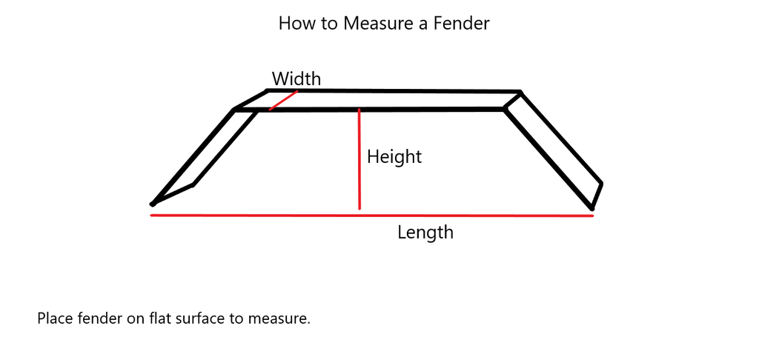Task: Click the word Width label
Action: pos(296,79)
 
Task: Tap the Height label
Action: pos(394,157)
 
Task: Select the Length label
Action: pos(425,233)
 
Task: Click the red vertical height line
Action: pos(359,159)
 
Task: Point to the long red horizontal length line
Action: pos(371,216)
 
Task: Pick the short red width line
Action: pos(283,101)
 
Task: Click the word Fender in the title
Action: pos(463,24)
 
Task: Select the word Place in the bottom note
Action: pos(53,319)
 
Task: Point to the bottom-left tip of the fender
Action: pos(153,204)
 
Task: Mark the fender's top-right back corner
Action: pos(520,93)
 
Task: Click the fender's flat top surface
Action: pos(385,100)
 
